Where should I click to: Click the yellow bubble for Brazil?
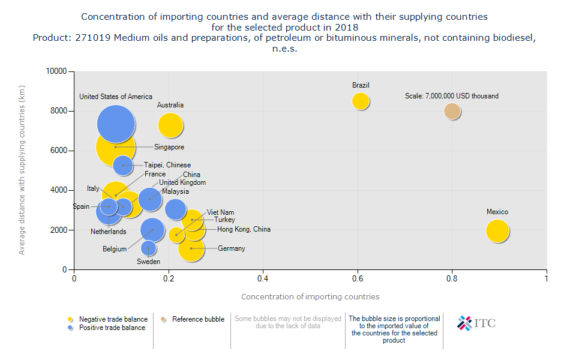(x=360, y=101)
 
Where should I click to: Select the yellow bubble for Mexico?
(x=497, y=231)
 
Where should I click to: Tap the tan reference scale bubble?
(x=452, y=111)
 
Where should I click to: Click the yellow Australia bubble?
(x=170, y=125)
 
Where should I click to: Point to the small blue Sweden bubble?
(x=149, y=248)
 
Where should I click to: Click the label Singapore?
(x=169, y=147)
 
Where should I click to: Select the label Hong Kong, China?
(x=244, y=229)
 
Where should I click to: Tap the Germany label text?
(x=232, y=248)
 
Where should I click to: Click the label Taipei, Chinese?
(x=167, y=165)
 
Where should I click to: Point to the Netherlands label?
(x=109, y=232)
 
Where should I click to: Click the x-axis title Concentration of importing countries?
(x=310, y=296)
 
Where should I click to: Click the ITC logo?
(x=476, y=323)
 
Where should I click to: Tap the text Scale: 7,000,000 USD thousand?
(x=452, y=96)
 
